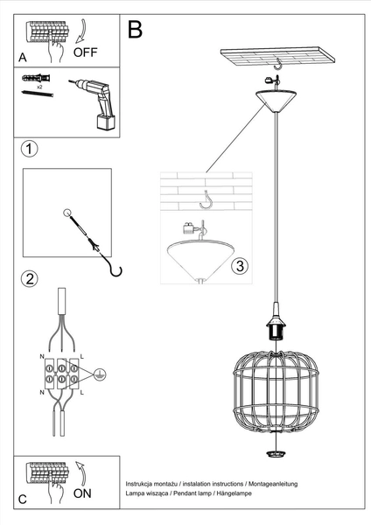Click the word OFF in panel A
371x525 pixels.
(x=85, y=52)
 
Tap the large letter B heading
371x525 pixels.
(x=136, y=31)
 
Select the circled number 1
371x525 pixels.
(x=30, y=148)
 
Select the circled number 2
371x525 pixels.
(x=30, y=279)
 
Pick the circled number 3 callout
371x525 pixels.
(x=242, y=266)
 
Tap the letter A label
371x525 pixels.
(x=23, y=57)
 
